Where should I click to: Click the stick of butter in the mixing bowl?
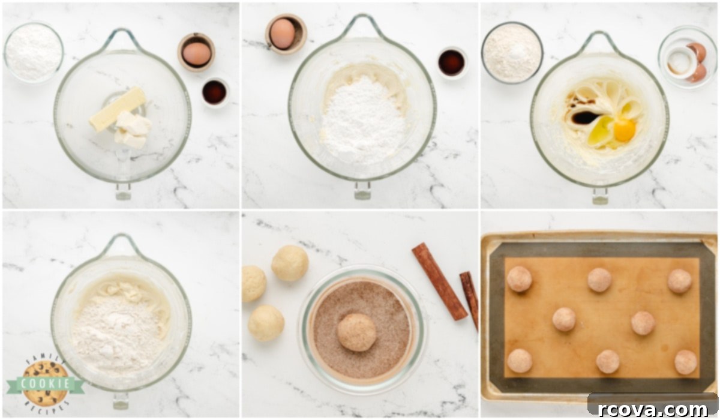click(x=118, y=109)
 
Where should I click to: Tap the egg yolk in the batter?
click(x=625, y=130)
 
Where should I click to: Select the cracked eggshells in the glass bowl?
click(x=696, y=62)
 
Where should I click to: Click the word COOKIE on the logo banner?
click(x=46, y=383)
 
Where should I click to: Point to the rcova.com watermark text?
click(x=653, y=409)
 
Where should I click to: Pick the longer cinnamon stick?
click(x=439, y=281)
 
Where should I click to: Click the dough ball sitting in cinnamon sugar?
click(x=357, y=332)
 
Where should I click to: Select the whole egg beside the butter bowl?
click(x=196, y=53)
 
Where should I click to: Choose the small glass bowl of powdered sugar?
click(x=34, y=52)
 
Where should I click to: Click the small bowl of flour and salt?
click(x=512, y=53)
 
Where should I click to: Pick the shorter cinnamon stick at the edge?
click(x=469, y=299)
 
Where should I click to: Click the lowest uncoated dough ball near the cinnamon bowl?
click(x=266, y=323)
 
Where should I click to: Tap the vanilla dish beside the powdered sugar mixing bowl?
click(x=452, y=63)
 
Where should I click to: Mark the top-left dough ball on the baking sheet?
click(x=519, y=278)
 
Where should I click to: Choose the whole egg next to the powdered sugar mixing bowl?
click(x=282, y=34)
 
